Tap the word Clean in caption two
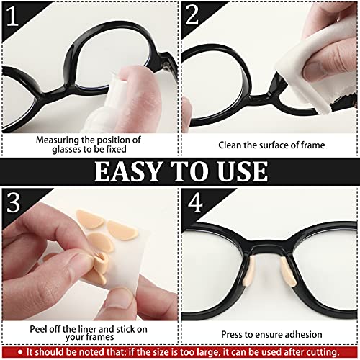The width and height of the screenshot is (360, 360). point(232,145)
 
